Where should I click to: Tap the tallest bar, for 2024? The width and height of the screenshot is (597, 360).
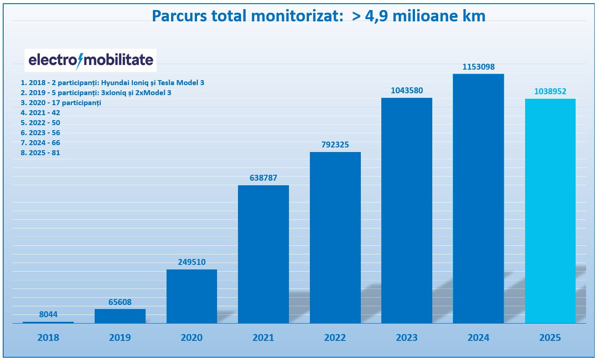coord(478,198)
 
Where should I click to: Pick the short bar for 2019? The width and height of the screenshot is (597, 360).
coord(120,316)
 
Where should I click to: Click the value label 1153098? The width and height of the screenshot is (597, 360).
coord(478,67)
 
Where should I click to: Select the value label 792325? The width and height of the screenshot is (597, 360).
coord(335,145)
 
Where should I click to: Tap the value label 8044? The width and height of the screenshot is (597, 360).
coord(48,314)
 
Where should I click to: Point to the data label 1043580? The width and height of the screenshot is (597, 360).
coord(406,91)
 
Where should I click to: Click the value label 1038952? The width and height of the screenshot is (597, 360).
coord(550,91)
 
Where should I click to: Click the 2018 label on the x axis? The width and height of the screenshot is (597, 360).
coord(48,338)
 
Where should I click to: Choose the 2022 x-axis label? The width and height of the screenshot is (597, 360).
coord(335,338)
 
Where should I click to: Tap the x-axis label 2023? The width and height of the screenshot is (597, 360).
coord(406,338)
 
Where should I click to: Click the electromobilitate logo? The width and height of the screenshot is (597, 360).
coord(91,61)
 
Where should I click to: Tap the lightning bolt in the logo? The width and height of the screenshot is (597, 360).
coord(80,61)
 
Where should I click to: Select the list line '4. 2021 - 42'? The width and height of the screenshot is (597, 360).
coord(40,113)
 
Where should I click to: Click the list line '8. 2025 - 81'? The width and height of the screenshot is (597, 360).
coord(40,153)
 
